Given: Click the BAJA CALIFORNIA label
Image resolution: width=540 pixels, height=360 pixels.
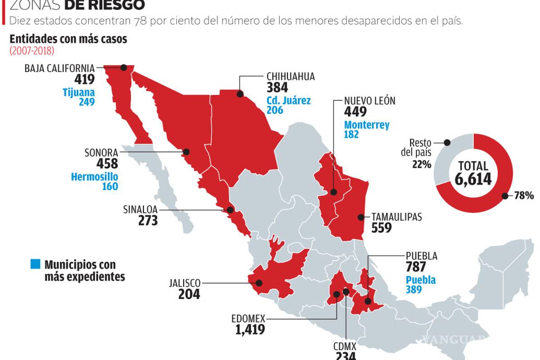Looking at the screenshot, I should click(x=60, y=68).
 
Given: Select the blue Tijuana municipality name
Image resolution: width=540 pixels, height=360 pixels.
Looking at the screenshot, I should click(x=79, y=92).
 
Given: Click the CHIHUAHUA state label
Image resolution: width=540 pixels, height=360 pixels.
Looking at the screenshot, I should click(x=290, y=76).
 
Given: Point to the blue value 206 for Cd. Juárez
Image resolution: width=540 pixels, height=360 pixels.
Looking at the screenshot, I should click(x=274, y=110).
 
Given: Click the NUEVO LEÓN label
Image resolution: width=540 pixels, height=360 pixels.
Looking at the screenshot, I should click(x=369, y=101).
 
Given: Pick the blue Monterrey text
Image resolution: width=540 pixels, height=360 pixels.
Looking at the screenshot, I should click(x=367, y=125).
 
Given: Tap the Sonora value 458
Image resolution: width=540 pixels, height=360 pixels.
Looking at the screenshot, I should click(x=107, y=163).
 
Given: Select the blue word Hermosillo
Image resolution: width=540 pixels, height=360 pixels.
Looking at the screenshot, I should click(x=94, y=176).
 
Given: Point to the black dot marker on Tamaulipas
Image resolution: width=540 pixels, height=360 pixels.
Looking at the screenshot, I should click(x=360, y=217).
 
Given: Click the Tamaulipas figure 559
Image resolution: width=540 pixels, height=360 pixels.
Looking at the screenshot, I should click(x=381, y=228).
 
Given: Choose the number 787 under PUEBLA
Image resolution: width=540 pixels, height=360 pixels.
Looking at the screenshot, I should click(x=416, y=267).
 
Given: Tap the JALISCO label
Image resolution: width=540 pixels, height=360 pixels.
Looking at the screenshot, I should click(x=184, y=283).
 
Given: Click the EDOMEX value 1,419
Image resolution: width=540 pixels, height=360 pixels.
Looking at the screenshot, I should click(x=250, y=329).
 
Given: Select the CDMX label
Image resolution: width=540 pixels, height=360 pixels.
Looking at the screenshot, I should click(x=345, y=346).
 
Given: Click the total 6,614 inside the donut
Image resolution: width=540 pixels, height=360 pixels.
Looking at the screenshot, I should click(x=473, y=179).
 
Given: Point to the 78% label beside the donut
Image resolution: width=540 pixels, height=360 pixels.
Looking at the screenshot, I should click(x=524, y=195).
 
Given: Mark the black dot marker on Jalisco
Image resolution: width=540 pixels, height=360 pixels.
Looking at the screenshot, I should click(x=259, y=283).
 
